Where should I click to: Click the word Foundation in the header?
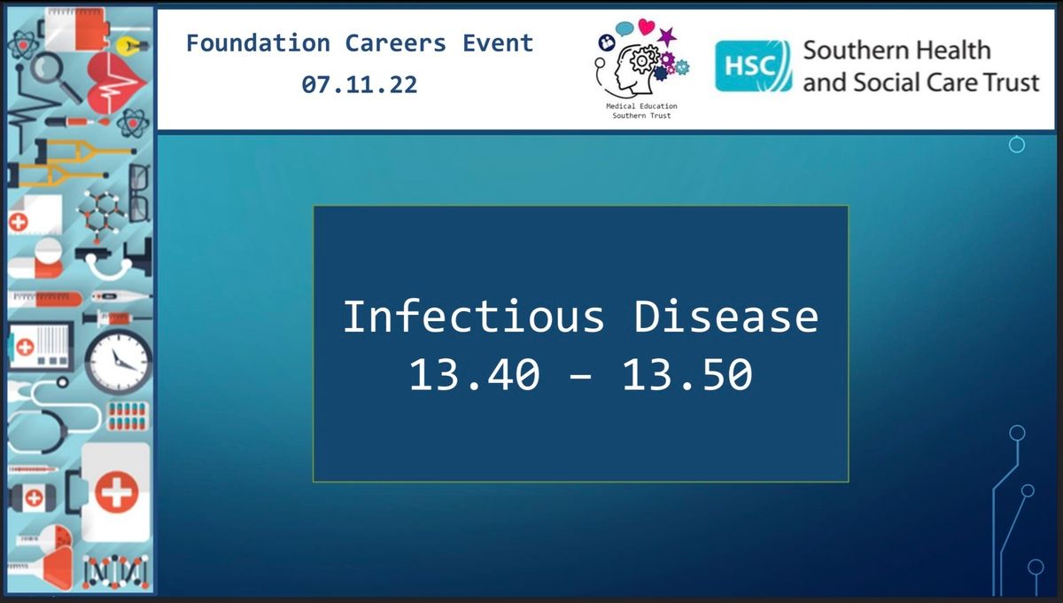tap(258, 43)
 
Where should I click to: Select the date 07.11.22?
tap(360, 84)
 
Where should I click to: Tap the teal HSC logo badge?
tap(753, 66)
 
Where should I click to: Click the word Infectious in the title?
tap(474, 316)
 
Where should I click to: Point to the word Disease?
tap(726, 316)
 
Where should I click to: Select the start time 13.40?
tap(474, 375)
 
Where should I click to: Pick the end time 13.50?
tap(687, 375)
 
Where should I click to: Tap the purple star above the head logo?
tap(667, 36)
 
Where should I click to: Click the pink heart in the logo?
tap(647, 27)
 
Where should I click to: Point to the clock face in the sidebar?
tap(119, 361)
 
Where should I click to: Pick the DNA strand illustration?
tap(115, 572)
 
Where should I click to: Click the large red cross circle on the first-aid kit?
tap(117, 492)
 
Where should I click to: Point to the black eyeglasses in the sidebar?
tap(140, 193)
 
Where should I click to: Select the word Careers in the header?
tap(395, 43)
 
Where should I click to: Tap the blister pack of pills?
tap(128, 416)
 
